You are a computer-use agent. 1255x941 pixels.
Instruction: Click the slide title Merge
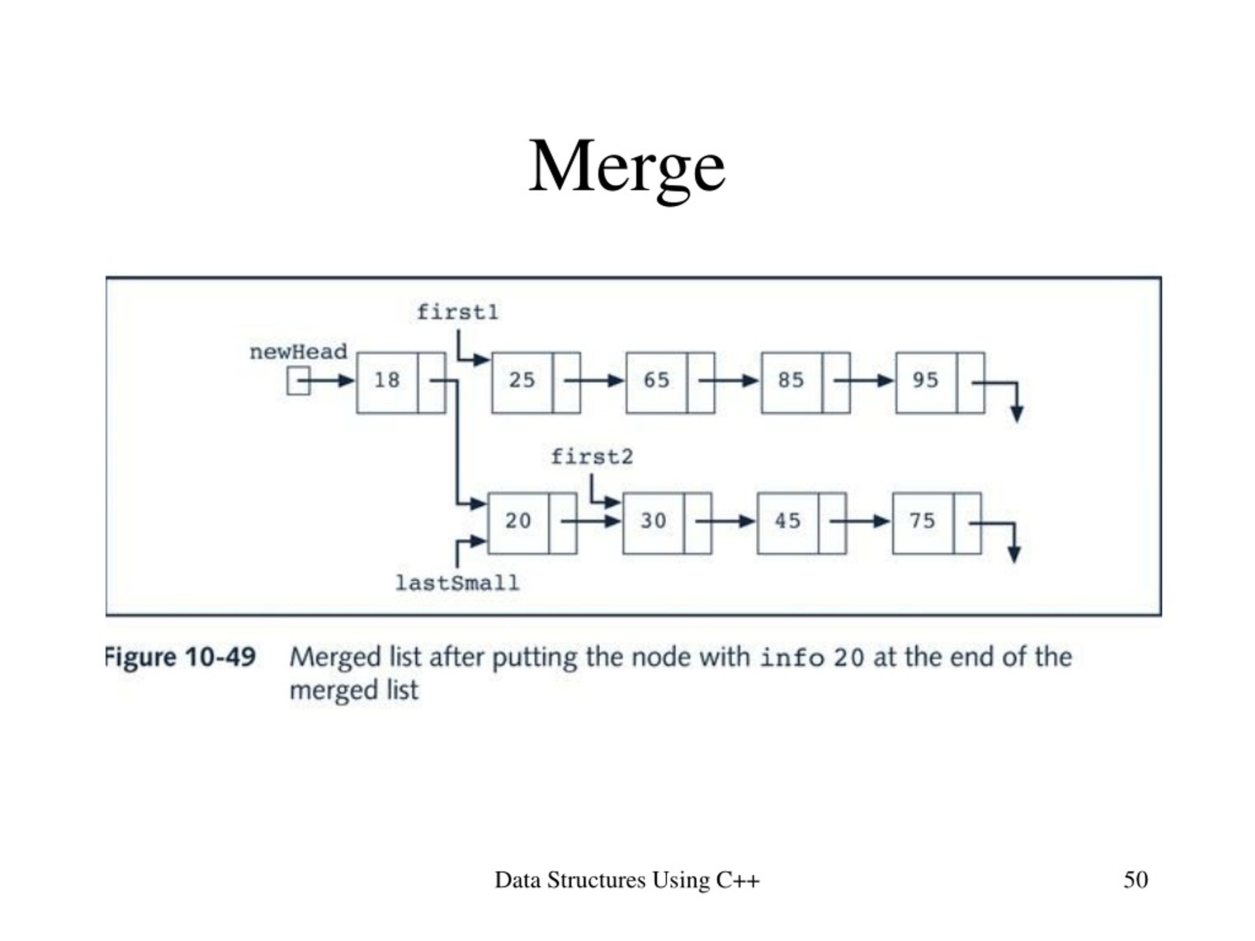(x=627, y=169)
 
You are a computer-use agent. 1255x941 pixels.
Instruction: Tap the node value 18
(x=387, y=380)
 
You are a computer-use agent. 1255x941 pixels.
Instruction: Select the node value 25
(x=522, y=380)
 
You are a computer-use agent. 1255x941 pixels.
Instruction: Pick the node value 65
(x=656, y=380)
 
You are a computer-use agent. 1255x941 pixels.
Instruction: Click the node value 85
(x=791, y=380)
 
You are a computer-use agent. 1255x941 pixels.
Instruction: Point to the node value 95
(x=926, y=380)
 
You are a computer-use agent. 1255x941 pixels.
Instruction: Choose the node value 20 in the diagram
(x=519, y=520)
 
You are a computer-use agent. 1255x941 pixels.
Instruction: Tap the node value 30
(x=653, y=520)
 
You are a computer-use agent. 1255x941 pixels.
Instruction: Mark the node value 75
(x=923, y=520)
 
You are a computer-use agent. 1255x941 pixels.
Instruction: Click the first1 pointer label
(x=457, y=312)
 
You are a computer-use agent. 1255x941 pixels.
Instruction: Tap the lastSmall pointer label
(x=457, y=583)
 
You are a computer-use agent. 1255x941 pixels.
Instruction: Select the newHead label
(x=299, y=352)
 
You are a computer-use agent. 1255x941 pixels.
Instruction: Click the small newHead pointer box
(x=299, y=381)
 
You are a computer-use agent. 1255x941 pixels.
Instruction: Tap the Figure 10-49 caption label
(x=180, y=657)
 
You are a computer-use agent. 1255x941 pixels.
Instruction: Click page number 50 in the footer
(x=1136, y=880)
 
